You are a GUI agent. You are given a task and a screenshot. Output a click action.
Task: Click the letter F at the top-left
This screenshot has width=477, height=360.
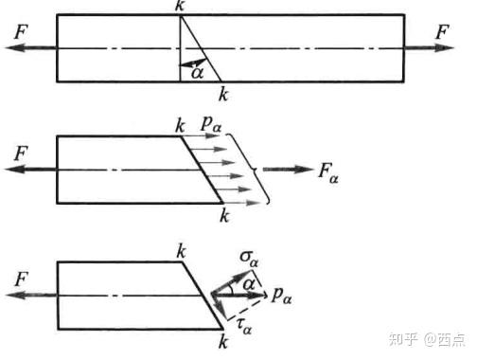[20, 32]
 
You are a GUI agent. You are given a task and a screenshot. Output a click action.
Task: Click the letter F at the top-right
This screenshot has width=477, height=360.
[442, 32]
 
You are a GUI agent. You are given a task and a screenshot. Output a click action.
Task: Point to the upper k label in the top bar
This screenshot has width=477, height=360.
[180, 7]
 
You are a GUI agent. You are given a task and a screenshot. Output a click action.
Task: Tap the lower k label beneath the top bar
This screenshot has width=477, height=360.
[222, 93]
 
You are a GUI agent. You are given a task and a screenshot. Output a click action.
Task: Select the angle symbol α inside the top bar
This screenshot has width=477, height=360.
[196, 70]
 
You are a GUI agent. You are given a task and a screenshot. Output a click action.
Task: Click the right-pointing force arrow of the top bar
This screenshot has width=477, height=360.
[430, 47]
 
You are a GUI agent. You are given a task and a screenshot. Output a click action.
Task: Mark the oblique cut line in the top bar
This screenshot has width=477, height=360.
[200, 47]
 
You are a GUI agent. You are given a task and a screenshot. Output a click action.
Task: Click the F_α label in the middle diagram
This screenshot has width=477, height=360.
[327, 174]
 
